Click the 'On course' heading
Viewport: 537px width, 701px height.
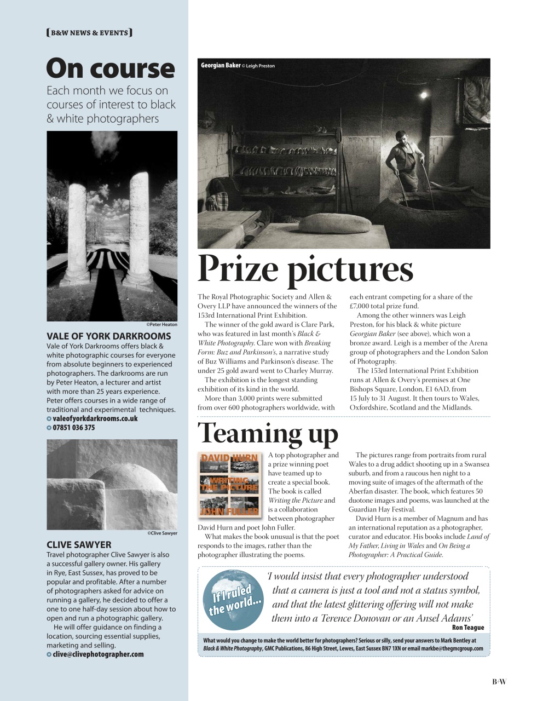pos(110,69)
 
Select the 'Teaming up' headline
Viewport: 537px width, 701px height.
pos(268,433)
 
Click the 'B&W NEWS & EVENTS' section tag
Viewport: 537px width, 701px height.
pos(89,33)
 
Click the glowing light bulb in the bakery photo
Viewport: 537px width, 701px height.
pos(423,95)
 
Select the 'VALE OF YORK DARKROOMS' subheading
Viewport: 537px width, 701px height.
pos(108,336)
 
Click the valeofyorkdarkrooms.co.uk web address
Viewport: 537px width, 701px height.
pos(95,418)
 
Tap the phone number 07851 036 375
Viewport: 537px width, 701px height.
pos(73,428)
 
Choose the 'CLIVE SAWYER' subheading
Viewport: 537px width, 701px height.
pos(79,545)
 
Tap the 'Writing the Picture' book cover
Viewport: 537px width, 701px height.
pos(229,484)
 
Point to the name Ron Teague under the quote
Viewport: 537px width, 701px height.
pos(468,628)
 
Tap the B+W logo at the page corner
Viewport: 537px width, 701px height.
pos(499,681)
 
